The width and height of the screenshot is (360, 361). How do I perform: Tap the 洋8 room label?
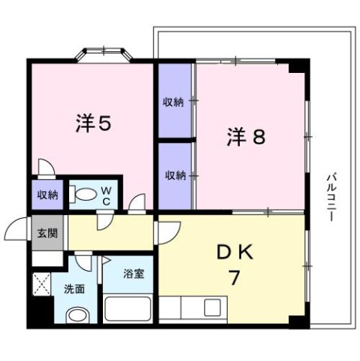pos(246,137)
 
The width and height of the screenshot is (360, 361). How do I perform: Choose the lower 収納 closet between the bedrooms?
pos(175,175)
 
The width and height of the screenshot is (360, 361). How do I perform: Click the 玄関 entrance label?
pos(47,233)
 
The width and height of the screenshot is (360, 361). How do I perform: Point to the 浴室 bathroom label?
pos(133,275)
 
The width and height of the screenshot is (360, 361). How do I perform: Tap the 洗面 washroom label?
pos(74,288)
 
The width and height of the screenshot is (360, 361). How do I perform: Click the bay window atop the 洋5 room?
pos(105,55)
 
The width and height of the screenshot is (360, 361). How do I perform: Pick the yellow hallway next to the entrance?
pos(113,233)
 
